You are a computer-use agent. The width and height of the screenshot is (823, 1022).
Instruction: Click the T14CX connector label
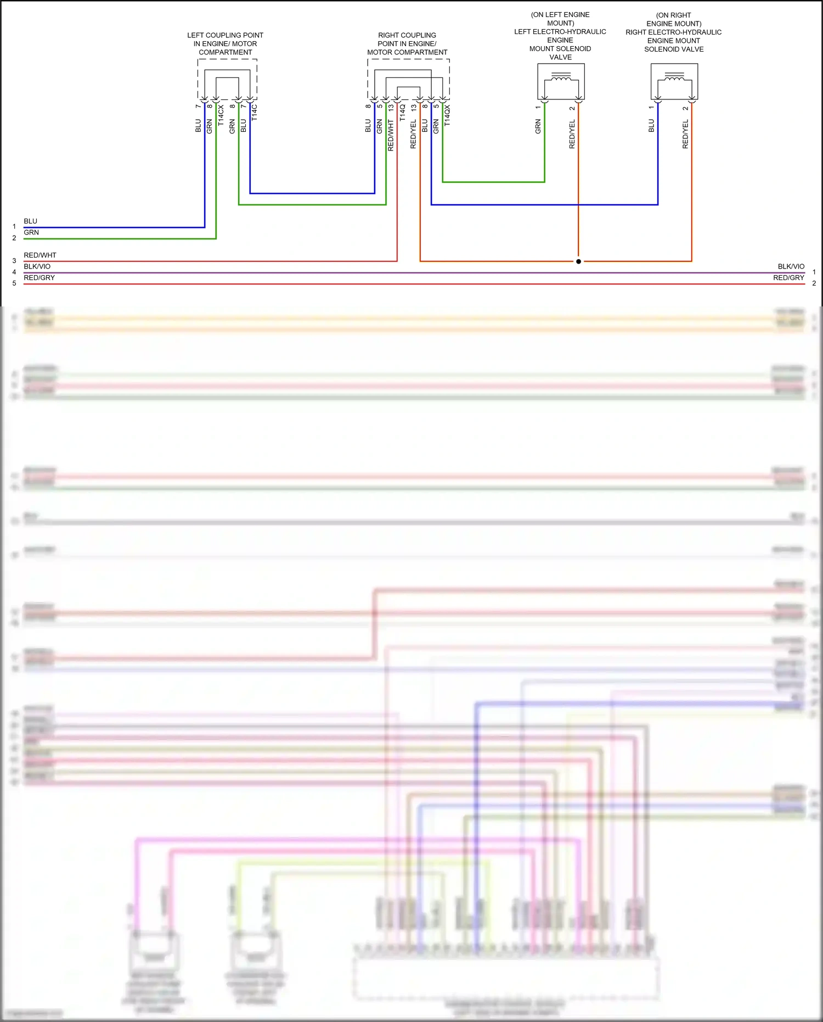(221, 116)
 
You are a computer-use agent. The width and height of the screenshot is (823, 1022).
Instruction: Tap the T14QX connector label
(447, 116)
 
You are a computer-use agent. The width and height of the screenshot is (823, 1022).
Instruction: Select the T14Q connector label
(402, 113)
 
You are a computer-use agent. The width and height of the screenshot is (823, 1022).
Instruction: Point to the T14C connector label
(255, 113)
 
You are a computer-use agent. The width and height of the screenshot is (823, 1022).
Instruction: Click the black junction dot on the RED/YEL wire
(578, 261)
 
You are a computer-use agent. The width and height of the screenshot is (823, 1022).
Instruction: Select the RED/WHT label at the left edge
(40, 255)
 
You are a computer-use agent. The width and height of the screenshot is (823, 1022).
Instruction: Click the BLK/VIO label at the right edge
(791, 266)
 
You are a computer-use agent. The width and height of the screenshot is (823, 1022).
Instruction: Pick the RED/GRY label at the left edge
(40, 278)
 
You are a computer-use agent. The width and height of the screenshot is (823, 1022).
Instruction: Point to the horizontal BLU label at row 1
(31, 221)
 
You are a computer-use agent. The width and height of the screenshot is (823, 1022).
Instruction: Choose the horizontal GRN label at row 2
(31, 233)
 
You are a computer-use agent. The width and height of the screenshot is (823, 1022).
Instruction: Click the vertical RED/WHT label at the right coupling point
(391, 135)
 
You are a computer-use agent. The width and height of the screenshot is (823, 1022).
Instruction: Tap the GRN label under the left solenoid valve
(538, 127)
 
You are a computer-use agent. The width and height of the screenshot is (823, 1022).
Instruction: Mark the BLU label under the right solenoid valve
(651, 126)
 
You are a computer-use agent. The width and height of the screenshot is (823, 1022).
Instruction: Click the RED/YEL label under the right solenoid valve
(685, 135)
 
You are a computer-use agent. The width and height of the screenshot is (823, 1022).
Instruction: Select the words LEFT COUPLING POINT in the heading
(225, 35)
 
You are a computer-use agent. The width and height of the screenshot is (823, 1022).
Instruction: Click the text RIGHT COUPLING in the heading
(407, 35)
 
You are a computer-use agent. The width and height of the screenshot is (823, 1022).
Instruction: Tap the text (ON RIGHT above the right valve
(673, 15)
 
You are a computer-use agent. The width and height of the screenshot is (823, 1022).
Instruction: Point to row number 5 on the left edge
(14, 283)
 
